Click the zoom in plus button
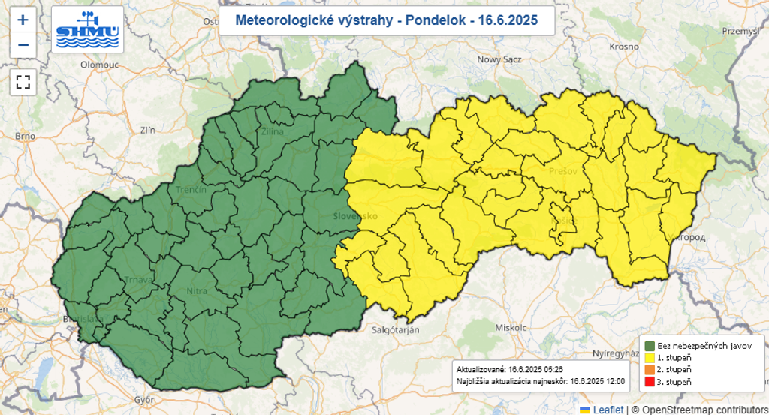pos(23,20)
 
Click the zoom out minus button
pos(23,45)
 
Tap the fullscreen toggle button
pos(23,82)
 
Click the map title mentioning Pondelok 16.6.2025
pos(387,20)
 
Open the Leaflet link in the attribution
pos(608,409)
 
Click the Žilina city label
pos(272,132)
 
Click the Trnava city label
pos(140,281)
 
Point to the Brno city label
pos(25,137)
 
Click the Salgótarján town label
pos(396,329)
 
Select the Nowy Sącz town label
pos(501,59)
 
